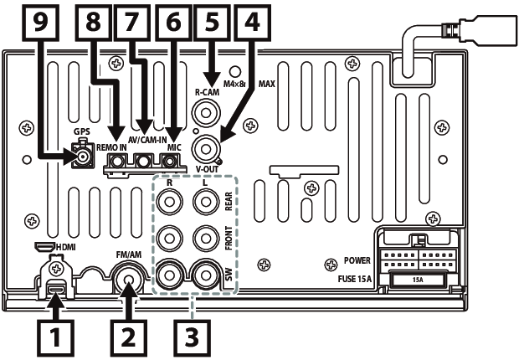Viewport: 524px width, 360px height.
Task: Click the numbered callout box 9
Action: [x=40, y=23]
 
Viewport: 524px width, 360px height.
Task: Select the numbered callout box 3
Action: [x=192, y=337]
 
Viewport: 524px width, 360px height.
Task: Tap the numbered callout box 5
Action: [x=213, y=22]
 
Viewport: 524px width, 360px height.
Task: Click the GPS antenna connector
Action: [x=82, y=157]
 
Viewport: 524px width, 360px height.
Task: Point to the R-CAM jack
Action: [x=206, y=113]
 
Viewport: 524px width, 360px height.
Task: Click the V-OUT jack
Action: [x=206, y=149]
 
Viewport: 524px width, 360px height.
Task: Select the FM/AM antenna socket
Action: [x=130, y=280]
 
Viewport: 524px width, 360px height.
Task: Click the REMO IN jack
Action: [x=116, y=162]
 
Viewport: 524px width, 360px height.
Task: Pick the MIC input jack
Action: [x=170, y=162]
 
